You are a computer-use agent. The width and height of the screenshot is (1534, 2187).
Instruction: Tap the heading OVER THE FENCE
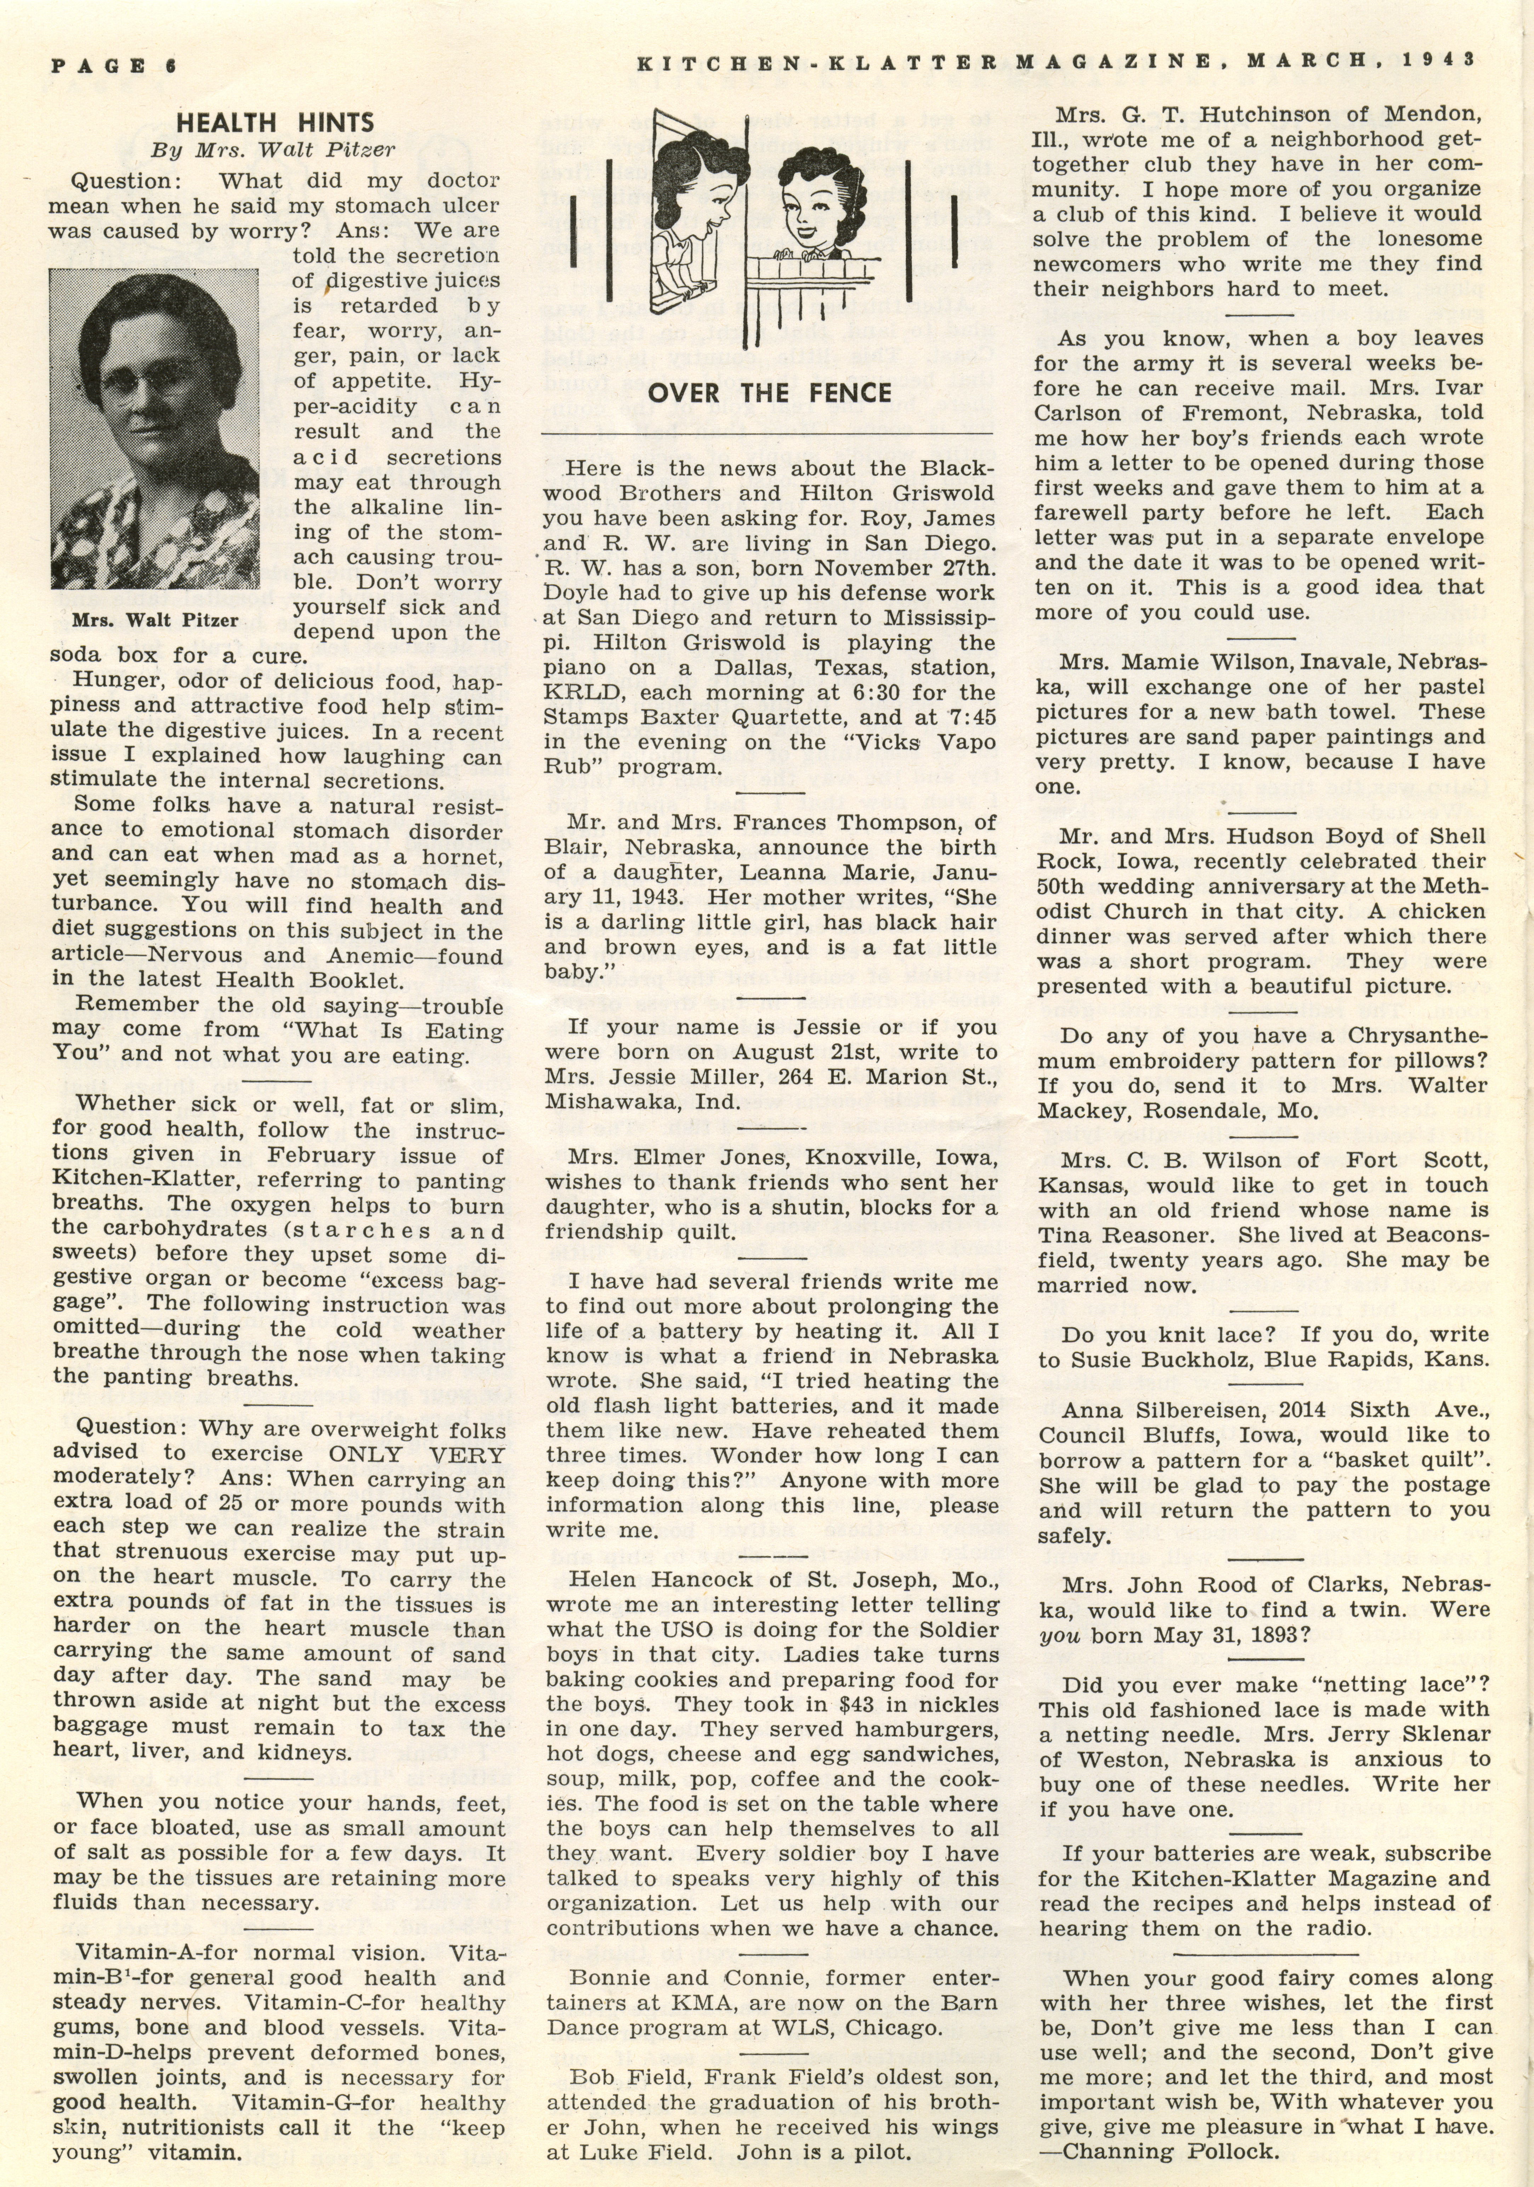(769, 392)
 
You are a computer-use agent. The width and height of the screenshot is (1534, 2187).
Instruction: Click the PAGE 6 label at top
(114, 65)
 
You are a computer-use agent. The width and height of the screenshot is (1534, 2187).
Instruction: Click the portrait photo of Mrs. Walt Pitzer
(154, 429)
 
